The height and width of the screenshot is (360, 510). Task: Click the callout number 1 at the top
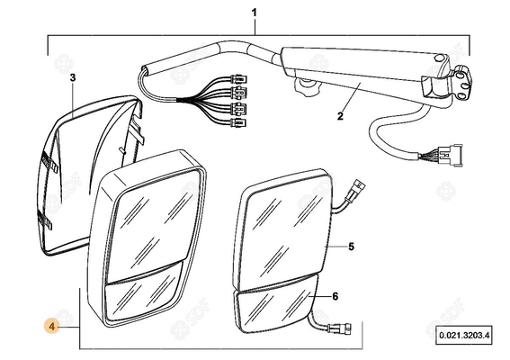coord(255,13)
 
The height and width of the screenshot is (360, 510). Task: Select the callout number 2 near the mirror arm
coord(340,116)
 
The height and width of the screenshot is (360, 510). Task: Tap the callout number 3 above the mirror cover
coord(73,77)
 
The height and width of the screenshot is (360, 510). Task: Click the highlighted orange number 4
coord(52,326)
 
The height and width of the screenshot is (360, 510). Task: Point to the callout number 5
coord(352,247)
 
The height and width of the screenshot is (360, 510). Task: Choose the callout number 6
coord(336,296)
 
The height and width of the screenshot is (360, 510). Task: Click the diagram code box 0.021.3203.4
coord(464,335)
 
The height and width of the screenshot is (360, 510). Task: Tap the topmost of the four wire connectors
coord(238,79)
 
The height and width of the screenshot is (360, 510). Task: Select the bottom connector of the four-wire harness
coord(238,123)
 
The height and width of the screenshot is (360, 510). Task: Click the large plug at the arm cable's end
coord(450,155)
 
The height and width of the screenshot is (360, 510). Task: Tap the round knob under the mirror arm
coord(307,86)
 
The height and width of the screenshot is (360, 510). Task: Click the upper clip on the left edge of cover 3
coord(49,161)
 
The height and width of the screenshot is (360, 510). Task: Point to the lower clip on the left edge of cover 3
coord(45,220)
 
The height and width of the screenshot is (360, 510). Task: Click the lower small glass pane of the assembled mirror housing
coord(142,295)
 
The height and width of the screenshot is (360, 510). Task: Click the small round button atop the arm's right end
coord(438,58)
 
